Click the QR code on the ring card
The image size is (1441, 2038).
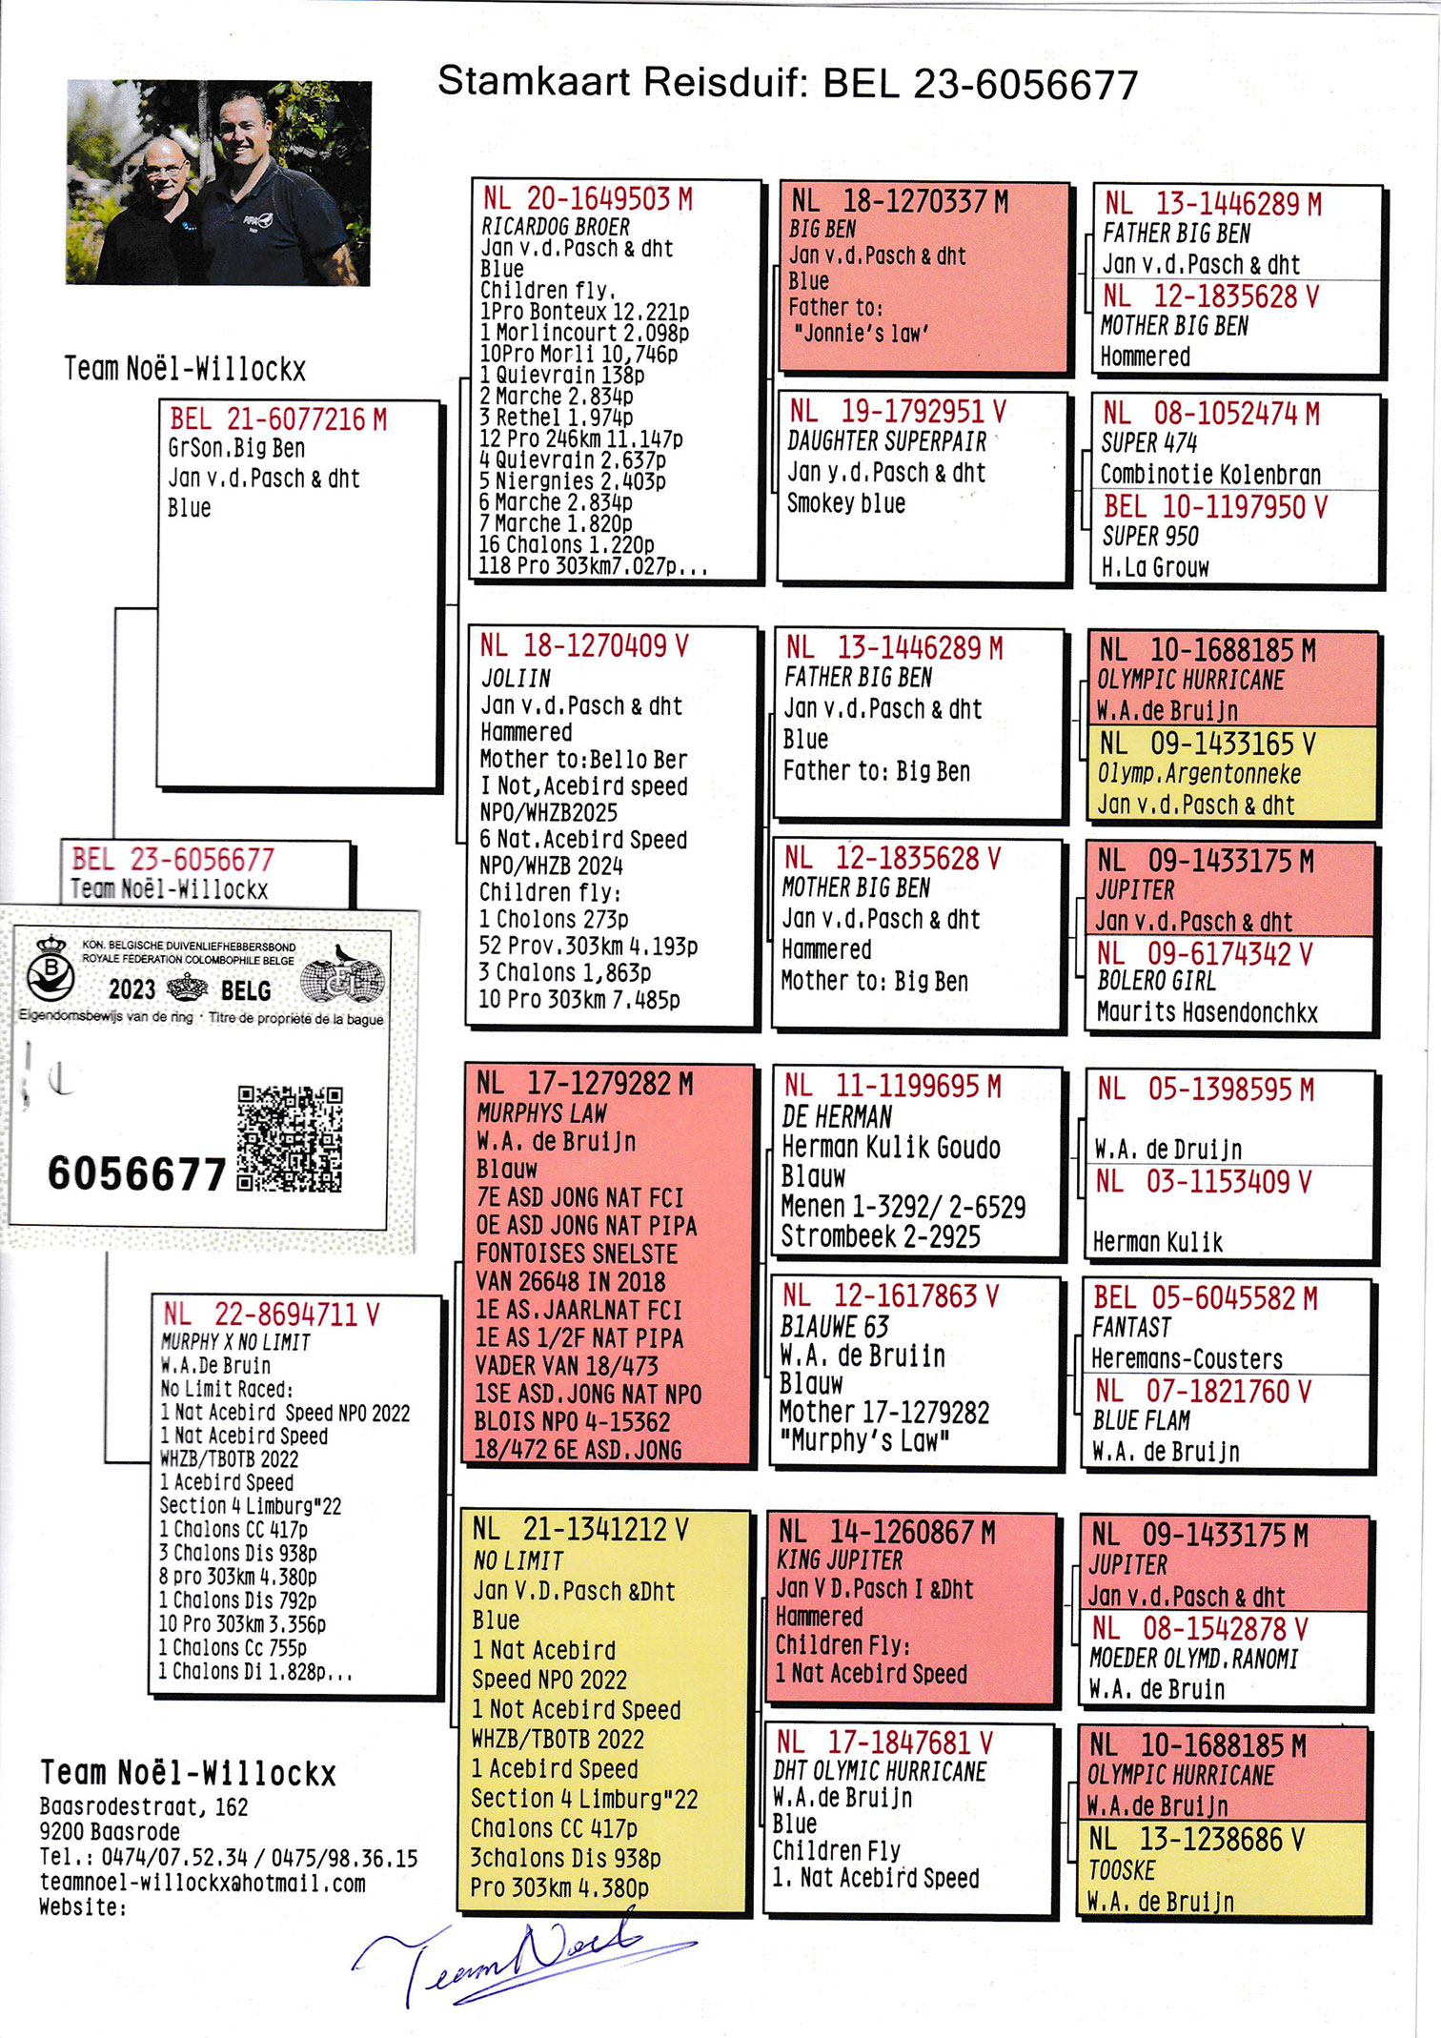pos(290,1138)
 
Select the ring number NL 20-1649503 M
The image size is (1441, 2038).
pos(587,199)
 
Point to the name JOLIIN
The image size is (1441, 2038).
pos(516,678)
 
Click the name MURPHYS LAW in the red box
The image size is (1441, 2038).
pos(541,1113)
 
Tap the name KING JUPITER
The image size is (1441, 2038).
pos(840,1560)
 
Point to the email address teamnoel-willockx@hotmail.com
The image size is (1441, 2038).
pos(202,1884)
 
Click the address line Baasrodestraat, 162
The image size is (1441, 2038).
pos(144,1807)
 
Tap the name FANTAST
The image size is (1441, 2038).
pos(1131,1328)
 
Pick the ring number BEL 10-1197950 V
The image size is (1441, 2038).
pos(1215,507)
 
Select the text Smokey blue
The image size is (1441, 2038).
pos(845,503)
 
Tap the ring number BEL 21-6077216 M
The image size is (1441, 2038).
pos(277,419)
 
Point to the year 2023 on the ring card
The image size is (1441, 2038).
pos(132,989)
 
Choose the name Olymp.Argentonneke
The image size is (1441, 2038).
pos(1199,774)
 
